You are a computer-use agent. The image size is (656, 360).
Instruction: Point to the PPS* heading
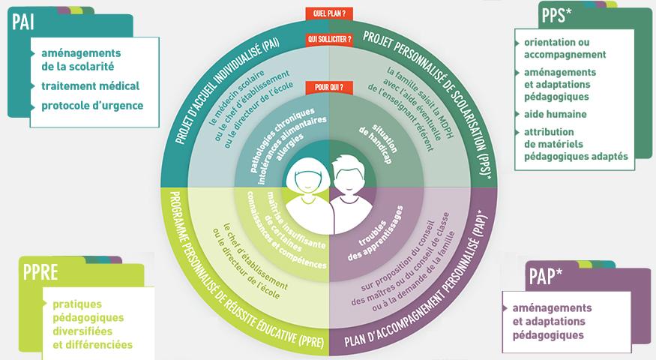point(556,13)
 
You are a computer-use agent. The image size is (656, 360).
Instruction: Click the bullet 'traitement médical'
point(91,85)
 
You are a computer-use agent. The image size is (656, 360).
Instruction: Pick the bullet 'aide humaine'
point(556,114)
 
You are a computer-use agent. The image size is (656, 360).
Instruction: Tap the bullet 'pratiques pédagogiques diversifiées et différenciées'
point(92,324)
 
